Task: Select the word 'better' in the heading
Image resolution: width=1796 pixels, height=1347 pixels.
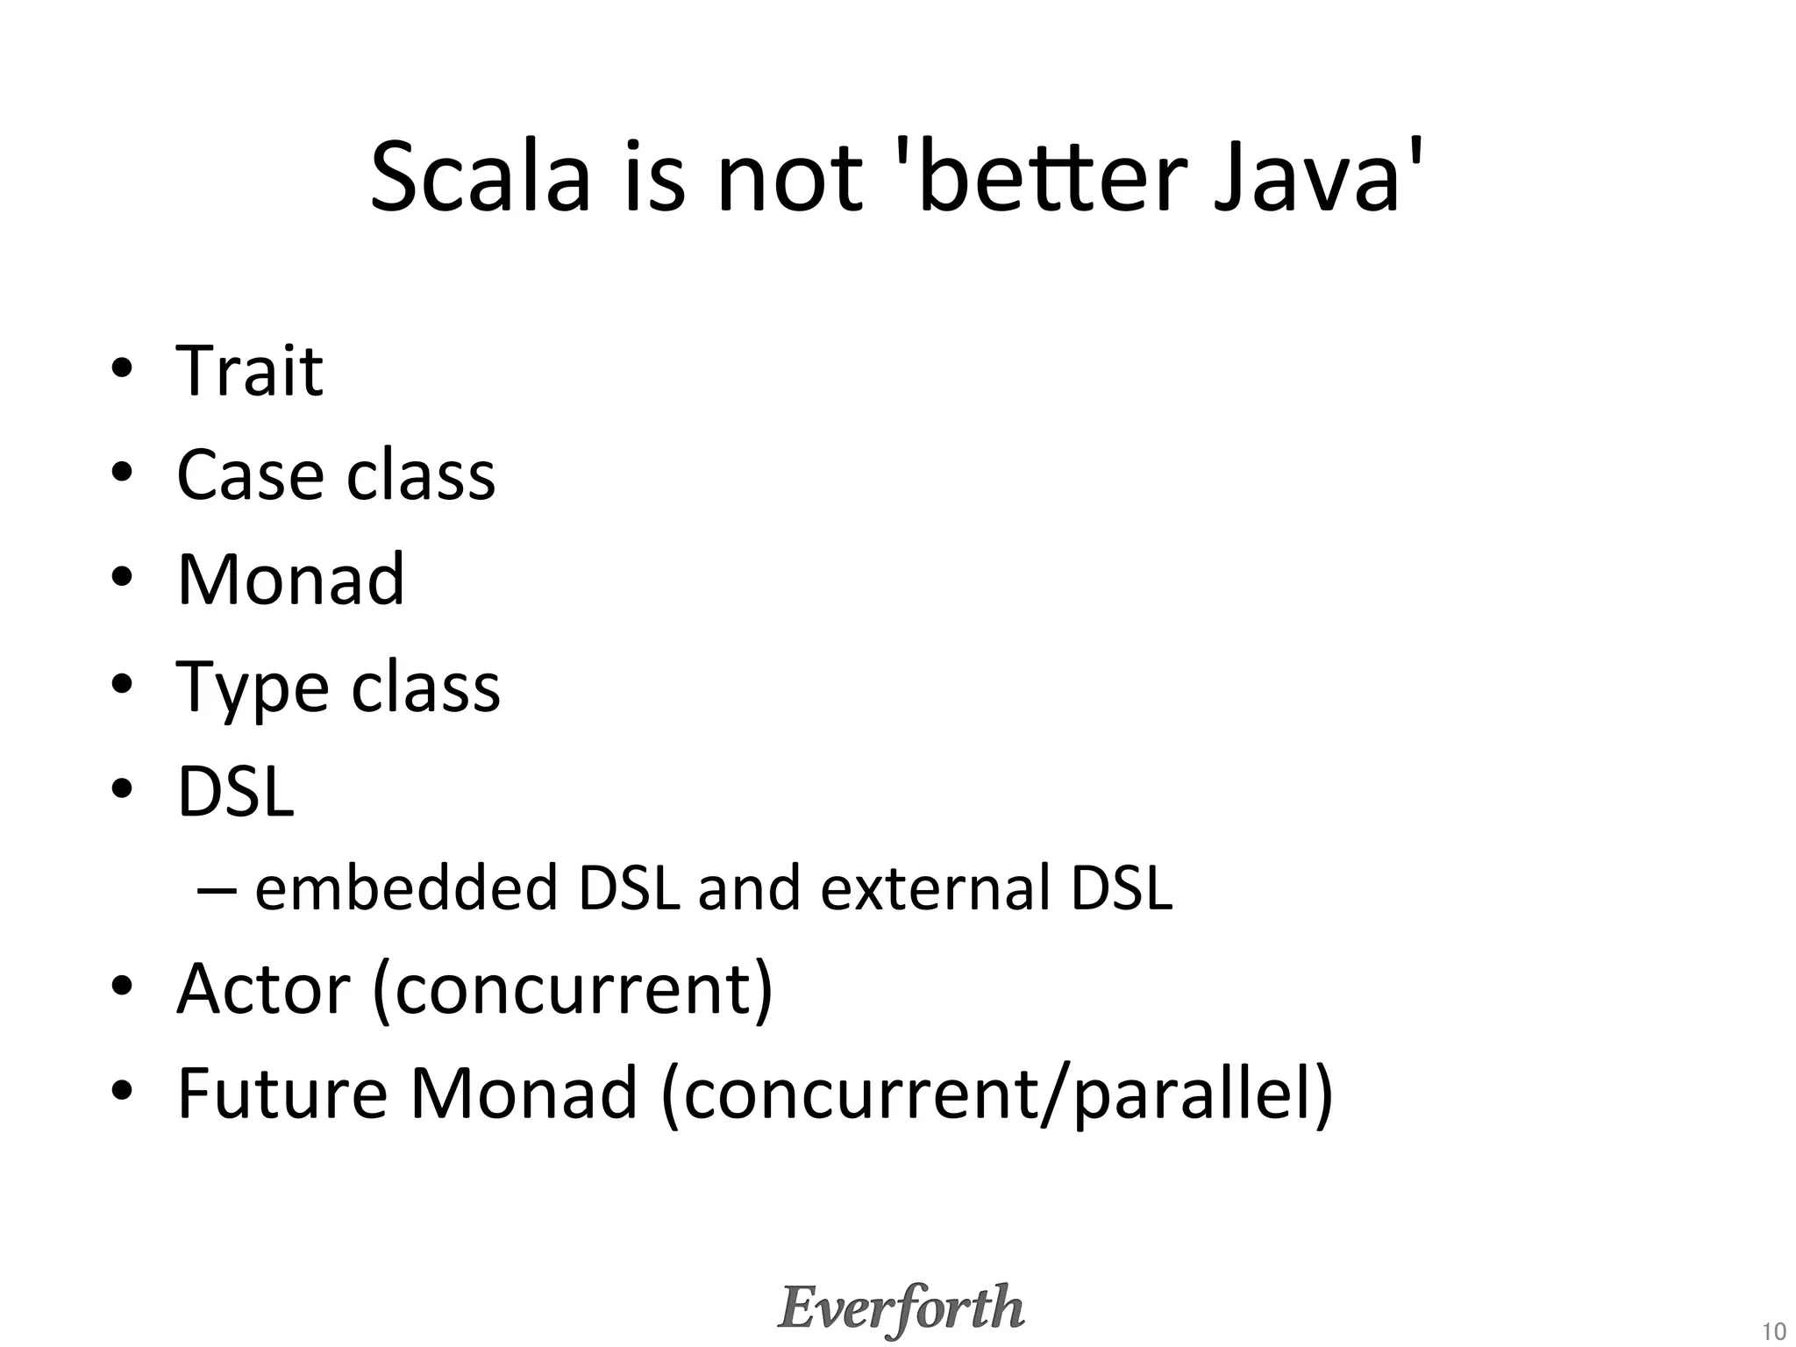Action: click(x=1035, y=177)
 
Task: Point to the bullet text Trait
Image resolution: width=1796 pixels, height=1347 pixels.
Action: click(x=250, y=371)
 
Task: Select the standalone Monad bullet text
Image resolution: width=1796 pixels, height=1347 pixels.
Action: click(x=291, y=580)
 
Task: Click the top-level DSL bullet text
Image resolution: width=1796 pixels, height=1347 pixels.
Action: click(x=235, y=791)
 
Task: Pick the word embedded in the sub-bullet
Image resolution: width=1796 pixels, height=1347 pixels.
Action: click(x=406, y=887)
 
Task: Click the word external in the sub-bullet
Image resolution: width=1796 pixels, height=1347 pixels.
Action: click(x=935, y=887)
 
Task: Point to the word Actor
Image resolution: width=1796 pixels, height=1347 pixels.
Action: click(x=263, y=988)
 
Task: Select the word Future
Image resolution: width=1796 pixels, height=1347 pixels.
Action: click(x=282, y=1094)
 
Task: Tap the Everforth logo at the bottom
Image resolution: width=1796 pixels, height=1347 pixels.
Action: click(x=901, y=1308)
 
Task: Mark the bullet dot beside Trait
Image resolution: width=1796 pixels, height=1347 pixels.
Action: click(x=122, y=368)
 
